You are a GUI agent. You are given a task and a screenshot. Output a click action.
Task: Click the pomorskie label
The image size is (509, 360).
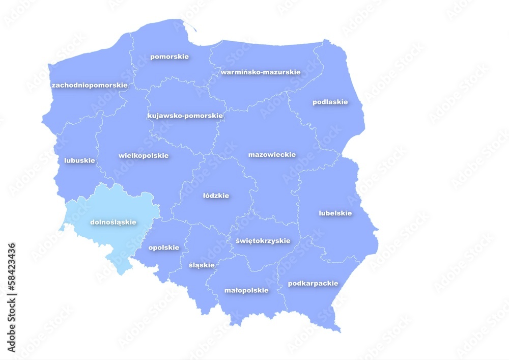click(x=169, y=57)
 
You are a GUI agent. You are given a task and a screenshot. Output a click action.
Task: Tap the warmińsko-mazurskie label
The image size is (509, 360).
click(x=260, y=72)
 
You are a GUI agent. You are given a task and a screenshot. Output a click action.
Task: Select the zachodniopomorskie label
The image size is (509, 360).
click(x=90, y=85)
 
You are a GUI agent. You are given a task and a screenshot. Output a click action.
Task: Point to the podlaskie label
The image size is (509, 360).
click(x=330, y=102)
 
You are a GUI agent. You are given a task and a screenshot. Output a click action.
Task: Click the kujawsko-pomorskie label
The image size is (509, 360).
click(x=185, y=116)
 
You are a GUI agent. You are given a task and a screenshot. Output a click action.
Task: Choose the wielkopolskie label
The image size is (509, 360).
click(x=144, y=155)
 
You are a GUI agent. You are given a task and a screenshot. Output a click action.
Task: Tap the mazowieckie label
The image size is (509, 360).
click(x=272, y=154)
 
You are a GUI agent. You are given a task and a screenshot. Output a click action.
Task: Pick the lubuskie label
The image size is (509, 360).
click(x=79, y=160)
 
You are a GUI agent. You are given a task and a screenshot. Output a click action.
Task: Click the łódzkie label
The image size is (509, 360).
click(x=216, y=196)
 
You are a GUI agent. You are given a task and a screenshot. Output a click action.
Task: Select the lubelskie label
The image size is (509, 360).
click(x=335, y=213)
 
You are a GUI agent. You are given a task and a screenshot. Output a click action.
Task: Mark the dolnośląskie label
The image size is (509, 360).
click(x=113, y=222)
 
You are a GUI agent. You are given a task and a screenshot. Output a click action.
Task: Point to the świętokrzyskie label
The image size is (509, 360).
click(x=263, y=240)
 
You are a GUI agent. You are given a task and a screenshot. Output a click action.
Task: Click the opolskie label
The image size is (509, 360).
click(x=163, y=247)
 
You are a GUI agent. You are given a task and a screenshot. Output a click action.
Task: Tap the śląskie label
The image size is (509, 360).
click(x=202, y=265)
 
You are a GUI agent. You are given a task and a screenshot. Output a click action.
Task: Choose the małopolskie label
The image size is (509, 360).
click(x=246, y=290)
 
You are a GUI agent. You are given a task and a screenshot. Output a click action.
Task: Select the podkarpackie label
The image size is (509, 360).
click(x=313, y=283)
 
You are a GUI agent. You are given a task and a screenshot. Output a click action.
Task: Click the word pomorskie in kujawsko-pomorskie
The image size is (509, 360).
click(x=204, y=116)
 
